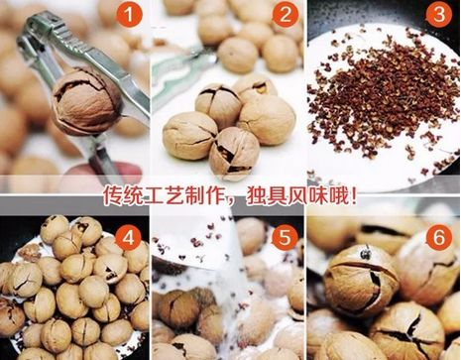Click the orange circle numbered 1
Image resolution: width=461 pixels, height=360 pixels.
129,15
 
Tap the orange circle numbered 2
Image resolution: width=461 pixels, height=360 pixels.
286,15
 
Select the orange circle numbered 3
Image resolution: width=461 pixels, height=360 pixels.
439,15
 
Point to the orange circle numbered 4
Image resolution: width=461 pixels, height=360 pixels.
129,237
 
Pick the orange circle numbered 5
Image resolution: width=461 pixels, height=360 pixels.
285,237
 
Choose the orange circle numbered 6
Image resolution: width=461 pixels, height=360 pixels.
439,237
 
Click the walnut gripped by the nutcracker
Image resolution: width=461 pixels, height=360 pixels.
86,101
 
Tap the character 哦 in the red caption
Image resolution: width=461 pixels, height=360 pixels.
337,195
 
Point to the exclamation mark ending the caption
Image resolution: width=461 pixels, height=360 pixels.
353,195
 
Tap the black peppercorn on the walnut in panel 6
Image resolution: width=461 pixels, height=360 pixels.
366,253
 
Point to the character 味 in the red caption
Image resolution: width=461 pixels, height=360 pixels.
317,195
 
